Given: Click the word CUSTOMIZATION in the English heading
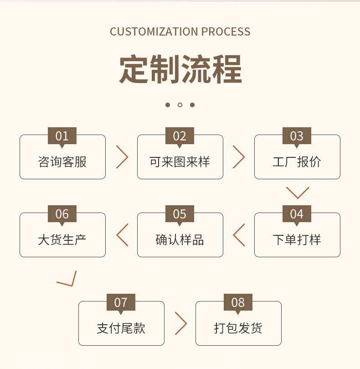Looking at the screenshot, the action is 154,32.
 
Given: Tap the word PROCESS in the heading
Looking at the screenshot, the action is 226,32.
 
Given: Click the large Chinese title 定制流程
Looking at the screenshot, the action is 180,69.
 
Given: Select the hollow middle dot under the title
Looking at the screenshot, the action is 180,105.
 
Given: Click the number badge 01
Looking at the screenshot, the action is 62,136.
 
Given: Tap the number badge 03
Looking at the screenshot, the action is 297,136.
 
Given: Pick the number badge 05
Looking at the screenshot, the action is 180,214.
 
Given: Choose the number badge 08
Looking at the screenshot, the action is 238,302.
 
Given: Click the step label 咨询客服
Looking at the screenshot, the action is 62,162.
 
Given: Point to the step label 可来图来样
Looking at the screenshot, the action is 180,162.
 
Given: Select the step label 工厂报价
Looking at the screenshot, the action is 297,162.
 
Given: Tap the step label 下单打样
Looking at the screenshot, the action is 297,240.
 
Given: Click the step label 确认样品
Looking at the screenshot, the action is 180,240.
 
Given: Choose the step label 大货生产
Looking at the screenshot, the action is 62,240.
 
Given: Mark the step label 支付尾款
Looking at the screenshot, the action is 121,328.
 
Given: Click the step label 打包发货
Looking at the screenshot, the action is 238,328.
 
